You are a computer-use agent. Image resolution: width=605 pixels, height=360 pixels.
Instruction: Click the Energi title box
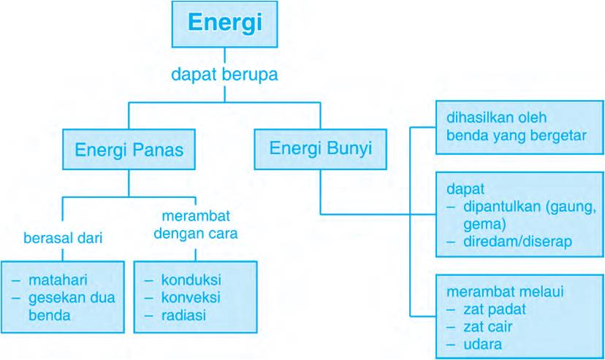click(x=224, y=23)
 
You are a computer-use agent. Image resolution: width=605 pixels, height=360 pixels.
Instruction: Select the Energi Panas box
click(x=129, y=150)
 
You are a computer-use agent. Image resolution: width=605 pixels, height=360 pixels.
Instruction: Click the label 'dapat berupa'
click(x=224, y=74)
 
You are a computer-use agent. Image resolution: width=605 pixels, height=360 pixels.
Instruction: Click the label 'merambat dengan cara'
click(x=197, y=226)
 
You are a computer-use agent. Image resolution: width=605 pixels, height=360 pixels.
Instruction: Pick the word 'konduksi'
click(x=191, y=280)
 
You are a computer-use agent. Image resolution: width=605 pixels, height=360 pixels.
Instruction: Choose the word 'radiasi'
click(x=184, y=315)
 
